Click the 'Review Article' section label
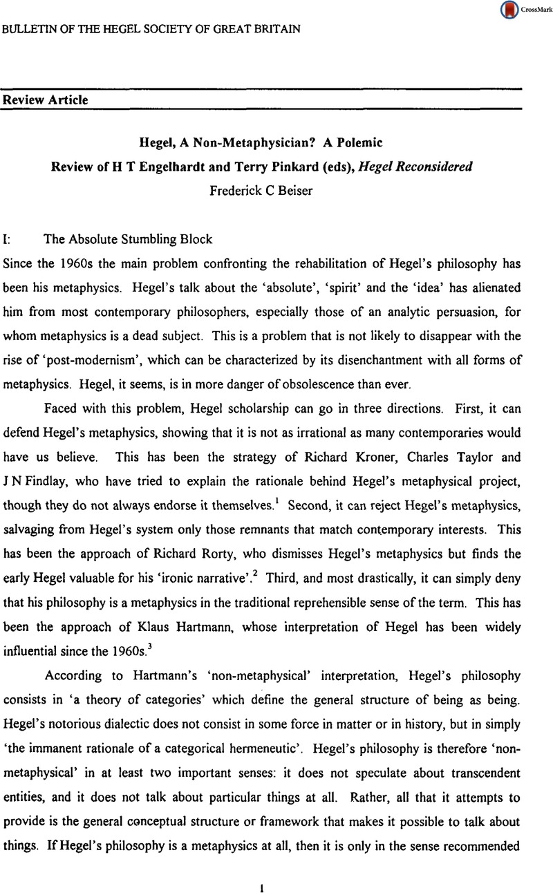coord(46,100)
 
